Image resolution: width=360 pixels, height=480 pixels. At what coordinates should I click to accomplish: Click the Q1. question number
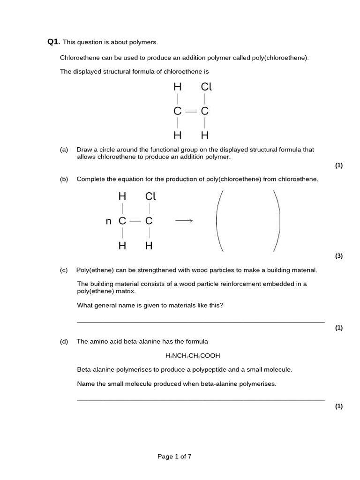(x=54, y=42)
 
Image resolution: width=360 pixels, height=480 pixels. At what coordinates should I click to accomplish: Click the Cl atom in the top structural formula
(x=206, y=87)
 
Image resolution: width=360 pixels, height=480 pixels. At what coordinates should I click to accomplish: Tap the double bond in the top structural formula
(x=191, y=112)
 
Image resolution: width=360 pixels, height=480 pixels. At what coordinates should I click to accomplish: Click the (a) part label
(x=64, y=150)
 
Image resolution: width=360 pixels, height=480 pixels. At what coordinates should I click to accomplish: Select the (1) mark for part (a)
(x=339, y=165)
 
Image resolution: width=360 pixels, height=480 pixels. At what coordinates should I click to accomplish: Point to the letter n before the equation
(x=109, y=221)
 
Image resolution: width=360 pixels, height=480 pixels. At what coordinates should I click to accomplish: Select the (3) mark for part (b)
(x=339, y=255)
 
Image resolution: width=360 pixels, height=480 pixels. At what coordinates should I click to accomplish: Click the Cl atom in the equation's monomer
(x=150, y=196)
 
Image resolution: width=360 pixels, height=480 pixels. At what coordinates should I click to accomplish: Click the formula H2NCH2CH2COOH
(x=193, y=356)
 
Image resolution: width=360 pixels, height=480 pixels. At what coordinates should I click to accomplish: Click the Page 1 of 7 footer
(x=174, y=457)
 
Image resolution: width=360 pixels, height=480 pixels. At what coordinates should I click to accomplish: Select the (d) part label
(x=64, y=341)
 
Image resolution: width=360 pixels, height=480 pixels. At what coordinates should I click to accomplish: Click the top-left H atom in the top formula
(x=177, y=87)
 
